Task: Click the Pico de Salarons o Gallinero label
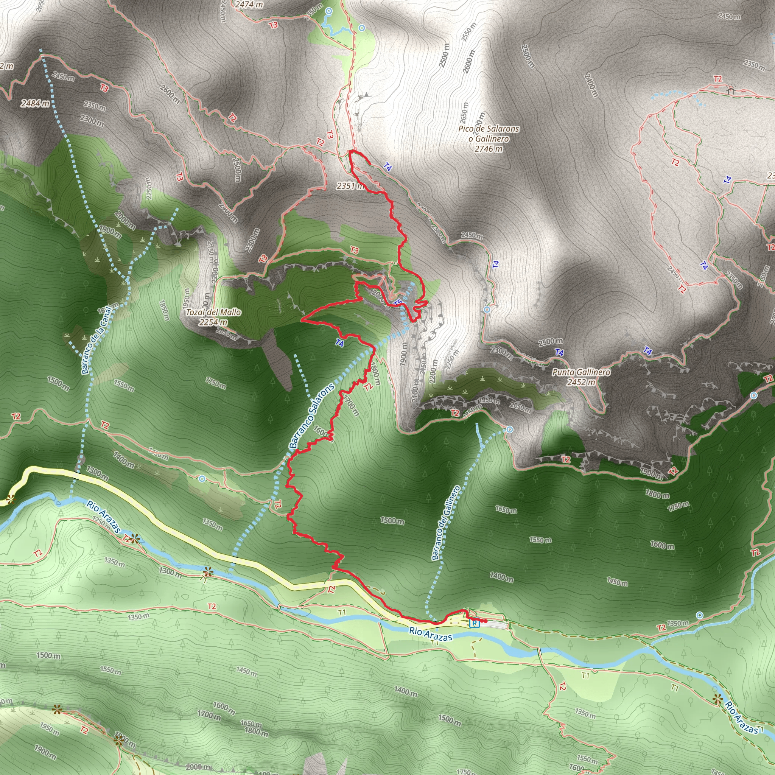tap(489, 139)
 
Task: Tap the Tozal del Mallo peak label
tap(213, 317)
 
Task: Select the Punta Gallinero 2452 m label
tap(581, 377)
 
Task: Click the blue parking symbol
tap(475, 623)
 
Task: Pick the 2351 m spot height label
tap(350, 186)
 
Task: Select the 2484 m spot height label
tap(35, 103)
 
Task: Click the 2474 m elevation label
tap(249, 5)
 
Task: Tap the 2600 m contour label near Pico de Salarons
tap(468, 62)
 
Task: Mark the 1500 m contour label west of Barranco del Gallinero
tap(392, 521)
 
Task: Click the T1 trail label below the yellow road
tap(342, 613)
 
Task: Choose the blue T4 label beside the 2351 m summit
tap(387, 167)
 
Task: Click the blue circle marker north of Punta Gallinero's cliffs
tap(487, 310)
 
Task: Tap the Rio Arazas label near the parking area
tap(431, 634)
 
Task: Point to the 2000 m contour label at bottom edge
tap(198, 767)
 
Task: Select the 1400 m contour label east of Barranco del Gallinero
tap(501, 577)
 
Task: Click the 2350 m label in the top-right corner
tap(754, 64)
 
